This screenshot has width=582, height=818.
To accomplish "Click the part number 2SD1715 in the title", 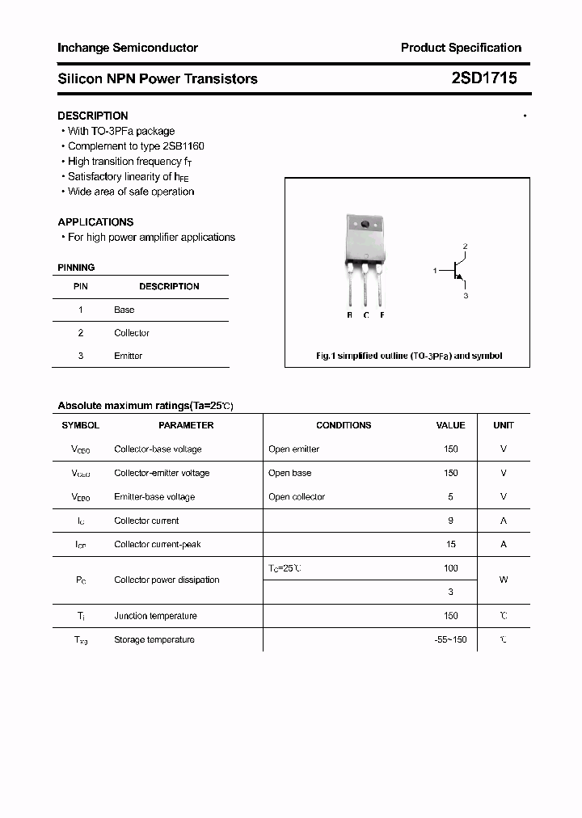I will pyautogui.click(x=483, y=78).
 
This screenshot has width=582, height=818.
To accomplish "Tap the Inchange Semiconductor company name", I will pyautogui.click(x=128, y=48).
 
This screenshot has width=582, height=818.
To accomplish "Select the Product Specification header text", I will pyautogui.click(x=461, y=48).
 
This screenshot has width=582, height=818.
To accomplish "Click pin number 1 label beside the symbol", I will pyautogui.click(x=435, y=271).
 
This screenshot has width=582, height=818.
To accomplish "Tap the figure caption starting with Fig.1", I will pyautogui.click(x=408, y=356).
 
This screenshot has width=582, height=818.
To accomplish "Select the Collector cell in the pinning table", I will pyautogui.click(x=132, y=333).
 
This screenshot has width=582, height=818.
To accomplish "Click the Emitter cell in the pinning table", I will pyautogui.click(x=128, y=356).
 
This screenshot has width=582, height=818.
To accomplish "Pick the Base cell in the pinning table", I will pyautogui.click(x=124, y=310).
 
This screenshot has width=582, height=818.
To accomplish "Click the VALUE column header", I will pyautogui.click(x=450, y=425).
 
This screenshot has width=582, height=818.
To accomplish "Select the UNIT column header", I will pyautogui.click(x=504, y=425).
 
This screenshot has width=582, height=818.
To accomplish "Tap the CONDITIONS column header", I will pyautogui.click(x=344, y=425).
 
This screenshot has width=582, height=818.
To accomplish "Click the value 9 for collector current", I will pyautogui.click(x=450, y=521).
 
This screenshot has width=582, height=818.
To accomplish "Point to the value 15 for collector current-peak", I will pyautogui.click(x=450, y=544).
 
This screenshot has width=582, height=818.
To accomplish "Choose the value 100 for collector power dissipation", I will pyautogui.click(x=450, y=568).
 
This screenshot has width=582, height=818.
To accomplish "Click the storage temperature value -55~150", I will pyautogui.click(x=450, y=639).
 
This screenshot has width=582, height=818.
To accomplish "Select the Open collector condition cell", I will pyautogui.click(x=297, y=497).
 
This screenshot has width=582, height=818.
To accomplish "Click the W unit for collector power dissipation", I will pyautogui.click(x=504, y=580).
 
